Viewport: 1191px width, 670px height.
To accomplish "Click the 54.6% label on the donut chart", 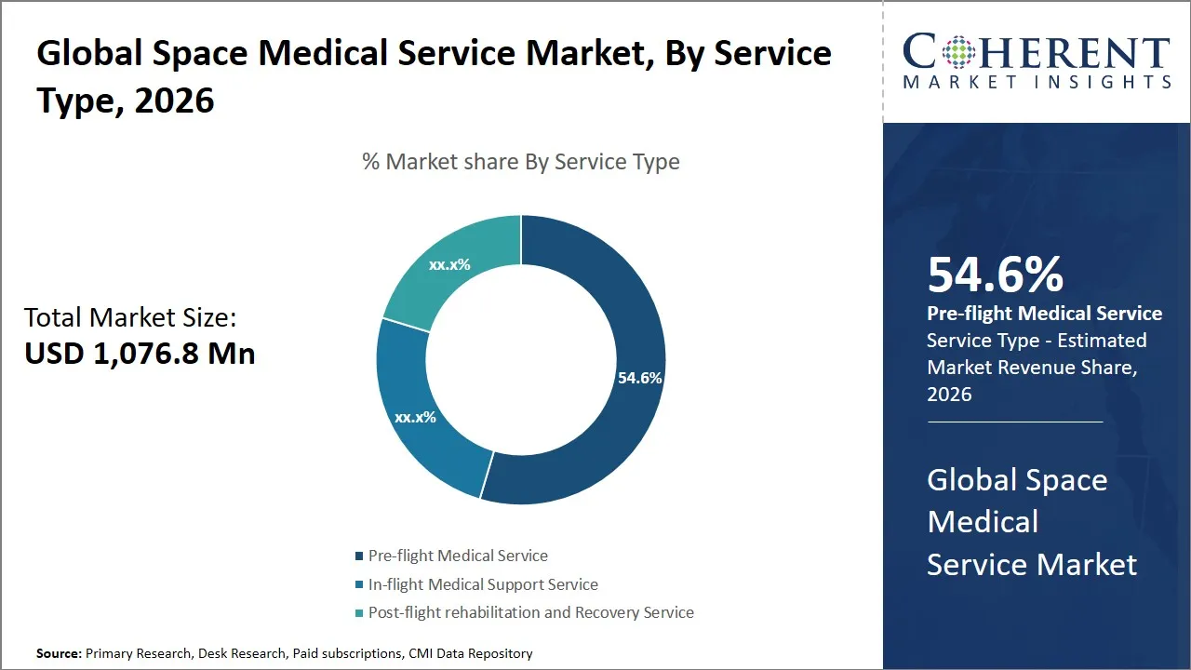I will coord(639,378).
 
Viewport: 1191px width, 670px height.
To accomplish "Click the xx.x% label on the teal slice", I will coord(449,264).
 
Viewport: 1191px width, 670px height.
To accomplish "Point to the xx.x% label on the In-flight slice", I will coord(415,417).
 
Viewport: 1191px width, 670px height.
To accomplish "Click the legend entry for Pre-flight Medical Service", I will coord(457,556).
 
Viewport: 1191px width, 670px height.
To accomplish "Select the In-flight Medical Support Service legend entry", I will coord(482,584).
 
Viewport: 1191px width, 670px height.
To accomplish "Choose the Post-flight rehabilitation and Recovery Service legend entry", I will coord(530,612).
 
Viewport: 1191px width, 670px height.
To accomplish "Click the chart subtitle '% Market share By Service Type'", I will coord(521,162).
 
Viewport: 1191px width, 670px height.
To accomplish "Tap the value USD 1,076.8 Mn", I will coord(140,353).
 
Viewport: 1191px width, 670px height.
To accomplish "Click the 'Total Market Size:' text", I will coord(130,317).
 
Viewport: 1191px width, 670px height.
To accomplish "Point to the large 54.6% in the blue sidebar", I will coord(995,275).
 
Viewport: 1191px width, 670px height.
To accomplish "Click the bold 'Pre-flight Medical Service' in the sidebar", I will coord(1044,314).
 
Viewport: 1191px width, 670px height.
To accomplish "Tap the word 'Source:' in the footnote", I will coord(59,653).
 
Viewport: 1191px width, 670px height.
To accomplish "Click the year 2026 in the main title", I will coord(174,100).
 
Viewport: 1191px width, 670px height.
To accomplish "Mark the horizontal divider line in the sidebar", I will coord(1014,422).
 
